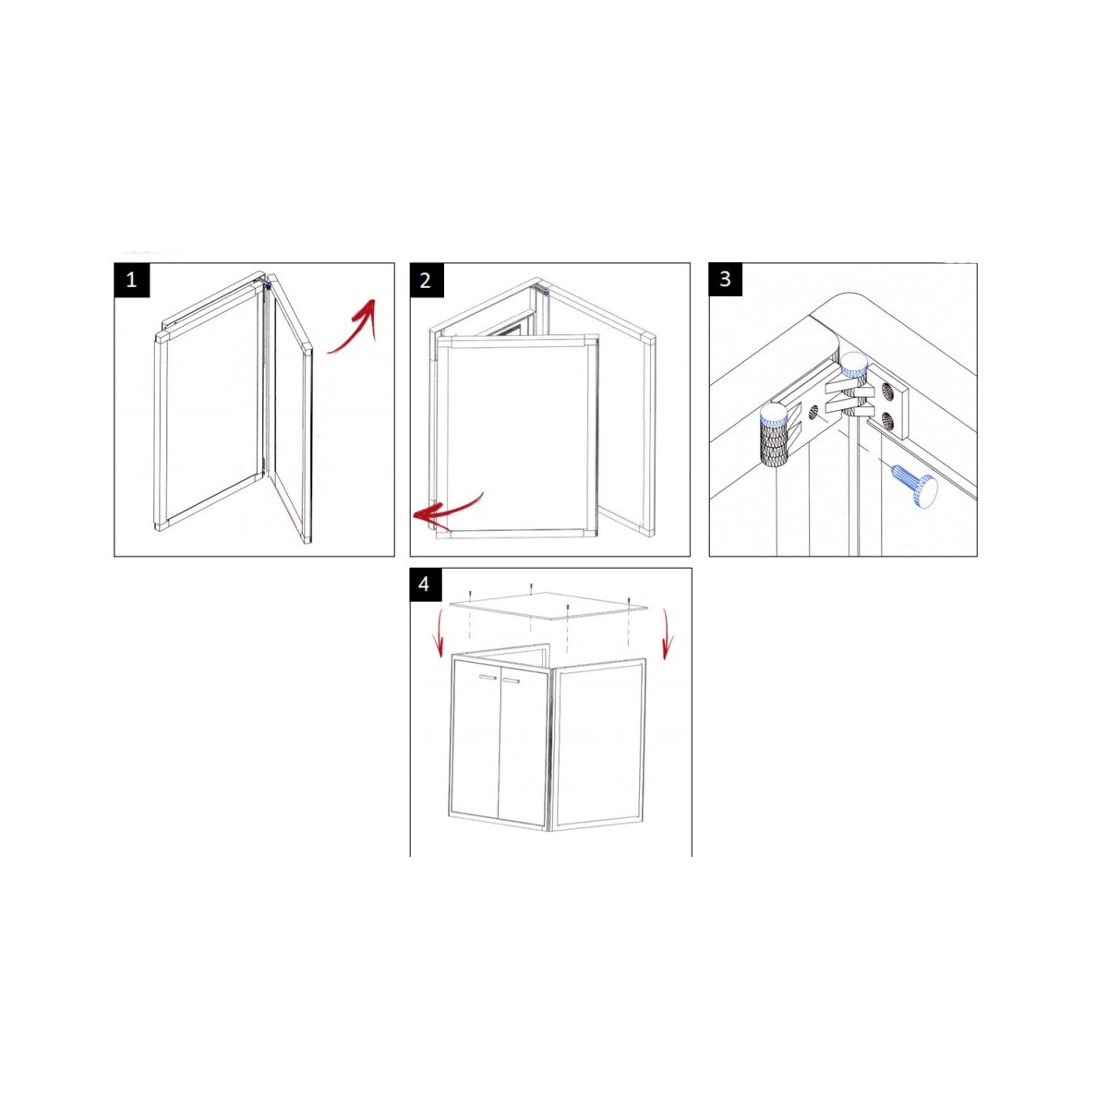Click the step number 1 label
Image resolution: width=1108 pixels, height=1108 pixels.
point(132,280)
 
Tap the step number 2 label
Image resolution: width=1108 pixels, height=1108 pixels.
point(426,280)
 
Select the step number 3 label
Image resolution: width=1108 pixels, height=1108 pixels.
point(725,279)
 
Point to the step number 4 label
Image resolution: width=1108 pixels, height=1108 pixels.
point(425,584)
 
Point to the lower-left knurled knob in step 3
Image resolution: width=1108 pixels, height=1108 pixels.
point(774,434)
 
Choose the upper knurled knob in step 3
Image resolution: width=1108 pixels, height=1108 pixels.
point(853,374)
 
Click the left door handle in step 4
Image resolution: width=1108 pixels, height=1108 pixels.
point(488,679)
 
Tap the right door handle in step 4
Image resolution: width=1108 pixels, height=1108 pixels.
point(511,681)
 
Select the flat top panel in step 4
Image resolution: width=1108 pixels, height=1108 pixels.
point(548,606)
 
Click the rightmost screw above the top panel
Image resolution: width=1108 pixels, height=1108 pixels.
point(629,601)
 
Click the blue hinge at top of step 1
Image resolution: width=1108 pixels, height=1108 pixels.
point(268,285)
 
